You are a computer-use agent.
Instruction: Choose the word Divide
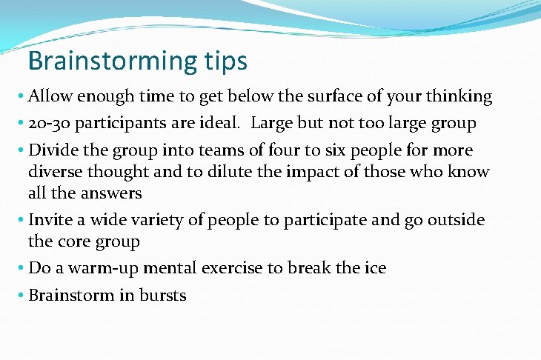coord(53,151)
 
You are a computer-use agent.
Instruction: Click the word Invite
coord(50,220)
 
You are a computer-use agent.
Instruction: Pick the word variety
coord(170,220)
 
